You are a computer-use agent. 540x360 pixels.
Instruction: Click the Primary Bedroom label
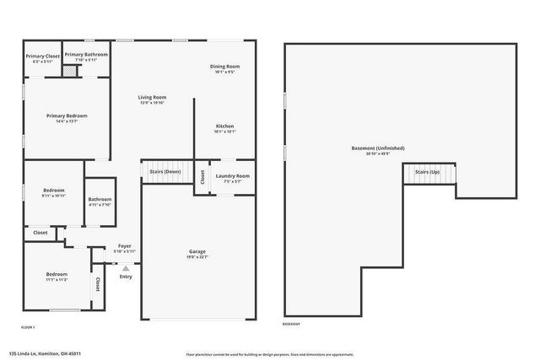pyautogui.click(x=67, y=116)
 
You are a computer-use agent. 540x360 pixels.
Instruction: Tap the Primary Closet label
pyautogui.click(x=42, y=56)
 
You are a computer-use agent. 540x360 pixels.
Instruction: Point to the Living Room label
pyautogui.click(x=153, y=97)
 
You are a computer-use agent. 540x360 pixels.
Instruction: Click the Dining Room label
pyautogui.click(x=224, y=66)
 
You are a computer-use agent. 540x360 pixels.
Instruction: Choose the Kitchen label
pyautogui.click(x=224, y=126)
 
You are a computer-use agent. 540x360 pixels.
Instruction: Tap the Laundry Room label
pyautogui.click(x=232, y=175)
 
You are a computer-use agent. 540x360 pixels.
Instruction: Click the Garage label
pyautogui.click(x=197, y=251)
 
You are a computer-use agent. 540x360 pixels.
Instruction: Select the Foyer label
pyautogui.click(x=124, y=246)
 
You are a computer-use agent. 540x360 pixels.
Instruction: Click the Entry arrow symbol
pyautogui.click(x=126, y=268)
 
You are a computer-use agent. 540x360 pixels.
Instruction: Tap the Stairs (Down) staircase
pyautogui.click(x=165, y=170)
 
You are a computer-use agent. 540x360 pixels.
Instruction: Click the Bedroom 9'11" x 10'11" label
pyautogui.click(x=54, y=193)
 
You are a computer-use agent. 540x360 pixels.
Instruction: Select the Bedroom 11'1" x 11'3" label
pyautogui.click(x=57, y=275)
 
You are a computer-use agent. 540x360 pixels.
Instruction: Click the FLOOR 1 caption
pyautogui.click(x=27, y=326)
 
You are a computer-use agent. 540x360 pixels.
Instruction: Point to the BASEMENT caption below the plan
pyautogui.click(x=290, y=324)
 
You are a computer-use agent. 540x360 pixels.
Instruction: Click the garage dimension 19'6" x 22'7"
pyautogui.click(x=197, y=257)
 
